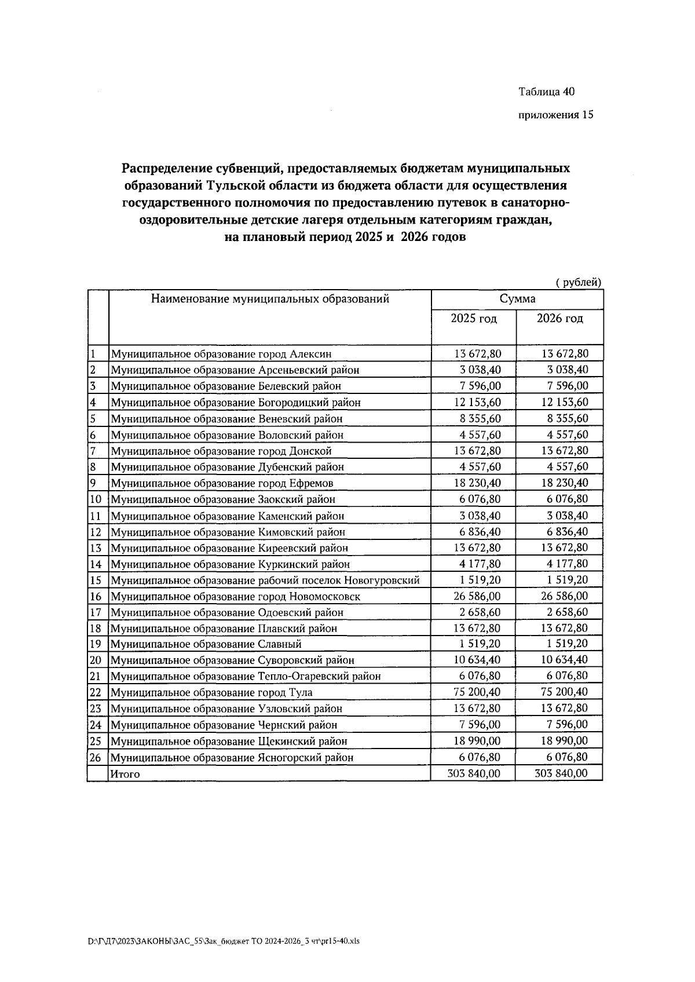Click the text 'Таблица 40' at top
(x=546, y=92)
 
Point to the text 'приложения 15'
(x=555, y=115)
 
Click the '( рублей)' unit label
(x=578, y=282)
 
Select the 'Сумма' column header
(x=517, y=299)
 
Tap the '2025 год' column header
(x=474, y=319)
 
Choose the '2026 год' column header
(x=559, y=319)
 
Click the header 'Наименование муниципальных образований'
(x=270, y=299)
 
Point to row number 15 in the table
(x=96, y=580)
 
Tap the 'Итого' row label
(x=125, y=774)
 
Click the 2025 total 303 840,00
(x=474, y=773)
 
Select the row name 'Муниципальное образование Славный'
(x=206, y=644)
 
